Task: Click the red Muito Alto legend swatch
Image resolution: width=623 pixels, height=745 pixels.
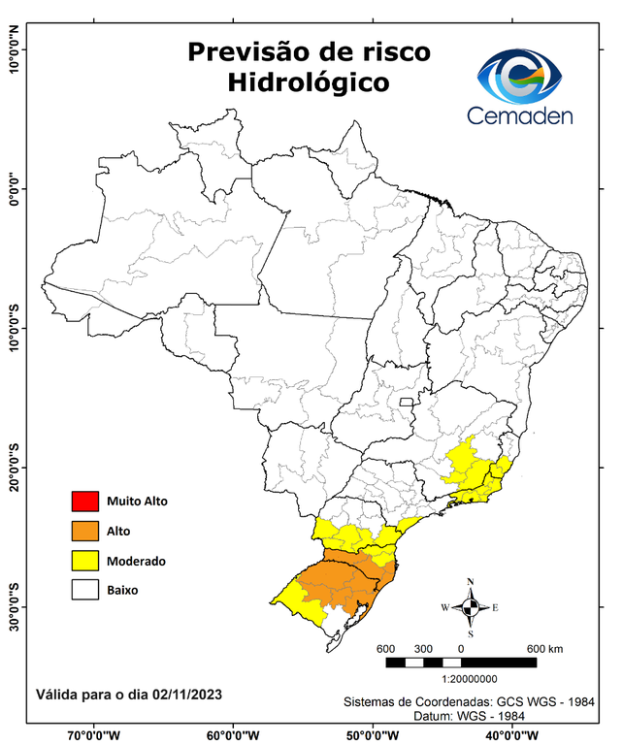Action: [84, 502]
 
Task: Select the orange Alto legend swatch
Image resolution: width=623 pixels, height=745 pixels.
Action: [84, 531]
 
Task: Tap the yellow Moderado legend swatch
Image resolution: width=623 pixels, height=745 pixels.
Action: [84, 560]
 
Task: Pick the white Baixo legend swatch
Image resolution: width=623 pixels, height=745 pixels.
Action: [84, 589]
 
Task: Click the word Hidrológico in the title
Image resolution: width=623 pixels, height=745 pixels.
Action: [308, 83]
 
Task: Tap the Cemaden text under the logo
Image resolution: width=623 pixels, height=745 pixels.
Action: [519, 115]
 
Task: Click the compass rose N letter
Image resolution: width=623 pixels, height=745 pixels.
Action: [471, 582]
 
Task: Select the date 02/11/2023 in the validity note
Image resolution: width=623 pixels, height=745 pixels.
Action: [184, 694]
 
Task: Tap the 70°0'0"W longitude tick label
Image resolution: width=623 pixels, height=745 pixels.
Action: [93, 735]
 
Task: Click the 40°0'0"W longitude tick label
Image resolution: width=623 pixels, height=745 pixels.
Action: [508, 735]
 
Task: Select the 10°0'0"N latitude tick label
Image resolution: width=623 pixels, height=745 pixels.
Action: [14, 50]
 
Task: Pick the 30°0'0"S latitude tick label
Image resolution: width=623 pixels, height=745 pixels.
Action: [14, 606]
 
